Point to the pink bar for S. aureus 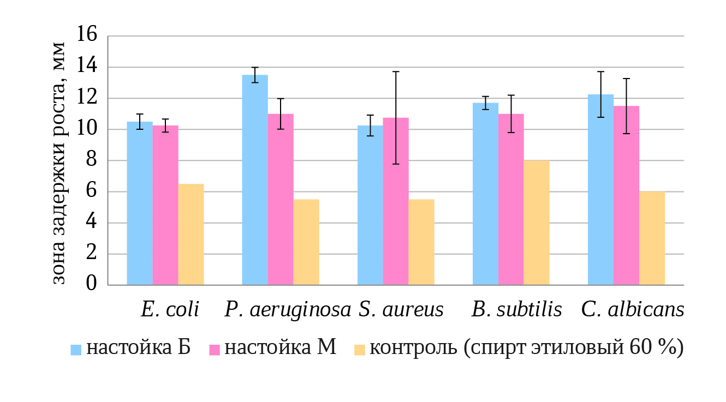[x=396, y=201]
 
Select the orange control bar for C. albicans [x=652, y=238]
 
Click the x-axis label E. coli [x=170, y=310]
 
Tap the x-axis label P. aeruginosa [x=288, y=310]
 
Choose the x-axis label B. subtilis [x=516, y=310]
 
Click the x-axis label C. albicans [x=632, y=310]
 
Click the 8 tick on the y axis [x=92, y=160]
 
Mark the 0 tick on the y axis [x=92, y=285]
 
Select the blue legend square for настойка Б [x=76, y=350]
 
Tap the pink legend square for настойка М [x=214, y=350]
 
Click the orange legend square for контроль [x=359, y=350]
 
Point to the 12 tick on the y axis [x=87, y=98]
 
